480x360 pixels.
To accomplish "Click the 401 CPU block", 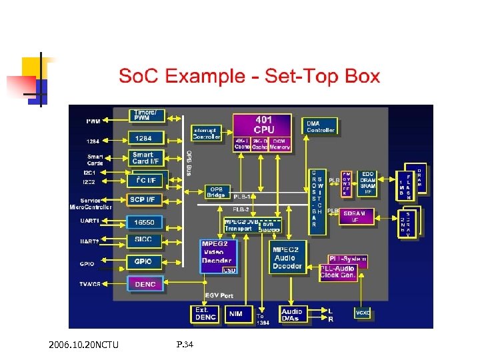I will pos(263,125).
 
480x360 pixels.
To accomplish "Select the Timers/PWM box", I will pos(146,115).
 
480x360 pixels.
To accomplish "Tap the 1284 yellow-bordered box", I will pos(146,139).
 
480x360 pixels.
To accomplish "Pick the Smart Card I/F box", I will pos(146,159).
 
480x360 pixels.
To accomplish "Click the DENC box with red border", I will pos(146,284).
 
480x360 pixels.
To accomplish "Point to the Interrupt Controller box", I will pos(206,133).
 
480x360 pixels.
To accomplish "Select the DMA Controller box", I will pos(320,126).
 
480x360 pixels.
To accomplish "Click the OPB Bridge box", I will pos(217,191).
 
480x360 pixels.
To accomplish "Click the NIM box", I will pos(235,313).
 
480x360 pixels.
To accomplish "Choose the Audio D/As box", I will pos(292,315).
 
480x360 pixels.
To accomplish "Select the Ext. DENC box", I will pos(202,313).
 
